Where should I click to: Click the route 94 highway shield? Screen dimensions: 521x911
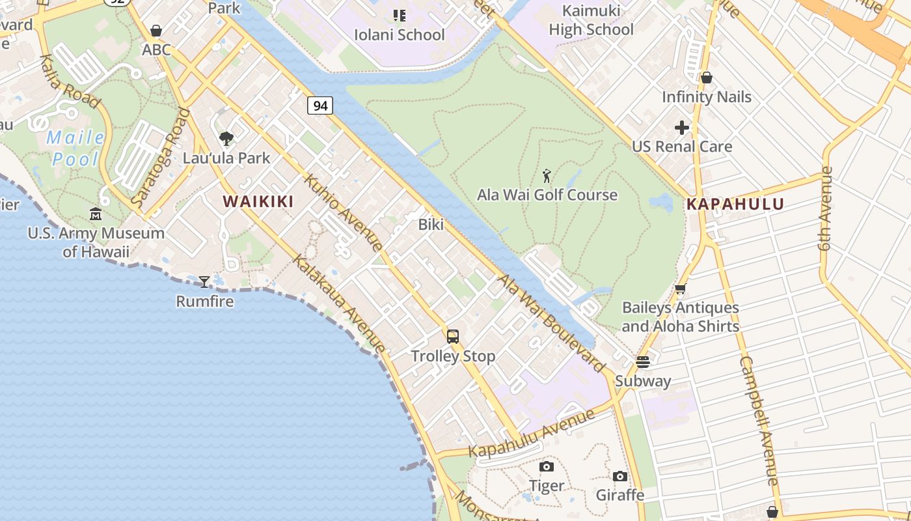(320, 105)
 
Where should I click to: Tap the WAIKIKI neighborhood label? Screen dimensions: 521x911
(258, 202)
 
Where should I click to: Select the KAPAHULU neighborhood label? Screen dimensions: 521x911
(735, 204)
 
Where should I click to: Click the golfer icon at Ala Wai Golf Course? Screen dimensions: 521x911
(547, 176)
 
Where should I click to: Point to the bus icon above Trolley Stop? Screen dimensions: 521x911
(453, 337)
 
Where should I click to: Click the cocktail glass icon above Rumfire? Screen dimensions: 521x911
(204, 281)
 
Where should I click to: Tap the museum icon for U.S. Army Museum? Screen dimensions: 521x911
(96, 214)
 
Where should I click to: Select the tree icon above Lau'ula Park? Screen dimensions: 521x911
(226, 138)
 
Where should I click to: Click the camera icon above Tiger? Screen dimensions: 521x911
(547, 466)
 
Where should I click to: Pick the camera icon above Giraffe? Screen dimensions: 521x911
(620, 476)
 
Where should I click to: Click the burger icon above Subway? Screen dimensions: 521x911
(643, 361)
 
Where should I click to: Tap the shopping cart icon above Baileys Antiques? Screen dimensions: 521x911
(681, 289)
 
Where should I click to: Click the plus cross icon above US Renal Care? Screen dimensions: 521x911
(682, 127)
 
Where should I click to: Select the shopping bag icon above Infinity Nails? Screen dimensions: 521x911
(707, 77)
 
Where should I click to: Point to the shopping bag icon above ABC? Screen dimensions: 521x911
(156, 31)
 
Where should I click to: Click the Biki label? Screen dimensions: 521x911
(431, 225)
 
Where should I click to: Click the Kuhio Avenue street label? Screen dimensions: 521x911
(343, 212)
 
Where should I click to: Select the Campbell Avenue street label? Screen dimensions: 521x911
(759, 421)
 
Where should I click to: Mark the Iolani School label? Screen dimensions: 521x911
(400, 35)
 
